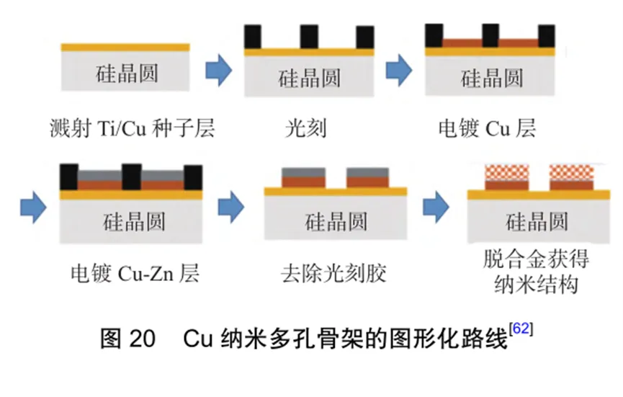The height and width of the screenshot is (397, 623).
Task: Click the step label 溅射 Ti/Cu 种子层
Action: click(133, 128)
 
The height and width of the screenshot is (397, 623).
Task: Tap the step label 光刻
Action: click(305, 128)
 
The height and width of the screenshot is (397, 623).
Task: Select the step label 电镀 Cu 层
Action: click(487, 128)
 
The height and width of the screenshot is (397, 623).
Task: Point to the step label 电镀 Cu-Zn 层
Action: click(134, 273)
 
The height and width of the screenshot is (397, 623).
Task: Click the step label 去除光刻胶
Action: click(333, 273)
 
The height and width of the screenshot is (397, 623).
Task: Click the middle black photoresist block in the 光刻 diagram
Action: click(309, 37)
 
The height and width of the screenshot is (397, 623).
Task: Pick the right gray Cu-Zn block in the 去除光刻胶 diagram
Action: click(368, 173)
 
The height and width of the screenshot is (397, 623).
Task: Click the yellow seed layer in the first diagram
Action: click(125, 48)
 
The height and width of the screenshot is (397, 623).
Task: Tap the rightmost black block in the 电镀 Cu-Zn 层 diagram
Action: click(193, 177)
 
